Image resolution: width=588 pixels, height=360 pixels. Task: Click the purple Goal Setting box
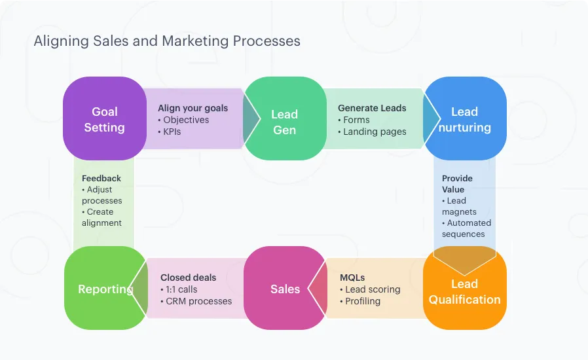point(104,119)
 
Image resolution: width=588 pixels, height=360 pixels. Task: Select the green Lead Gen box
point(284,122)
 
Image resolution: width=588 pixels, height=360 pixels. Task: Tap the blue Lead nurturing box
point(464,119)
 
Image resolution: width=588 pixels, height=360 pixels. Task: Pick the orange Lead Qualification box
point(464,291)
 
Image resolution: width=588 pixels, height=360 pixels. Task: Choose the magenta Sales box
point(285,289)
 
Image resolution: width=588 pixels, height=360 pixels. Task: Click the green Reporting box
point(105,289)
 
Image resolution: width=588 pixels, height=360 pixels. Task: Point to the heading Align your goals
point(193,108)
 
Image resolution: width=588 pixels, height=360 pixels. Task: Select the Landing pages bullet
point(375,132)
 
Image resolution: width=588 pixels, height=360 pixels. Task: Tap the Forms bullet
point(356,120)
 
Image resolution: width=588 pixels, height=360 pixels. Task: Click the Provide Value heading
point(456,183)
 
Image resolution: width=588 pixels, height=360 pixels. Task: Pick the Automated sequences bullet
point(466,228)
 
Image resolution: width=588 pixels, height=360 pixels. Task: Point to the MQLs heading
point(352,278)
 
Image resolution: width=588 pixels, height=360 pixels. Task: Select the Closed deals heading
point(188,278)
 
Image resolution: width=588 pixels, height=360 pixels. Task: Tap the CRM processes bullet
point(198,301)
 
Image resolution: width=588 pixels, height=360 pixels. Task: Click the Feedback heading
point(101,178)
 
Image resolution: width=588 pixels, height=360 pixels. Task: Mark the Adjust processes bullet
point(102,195)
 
